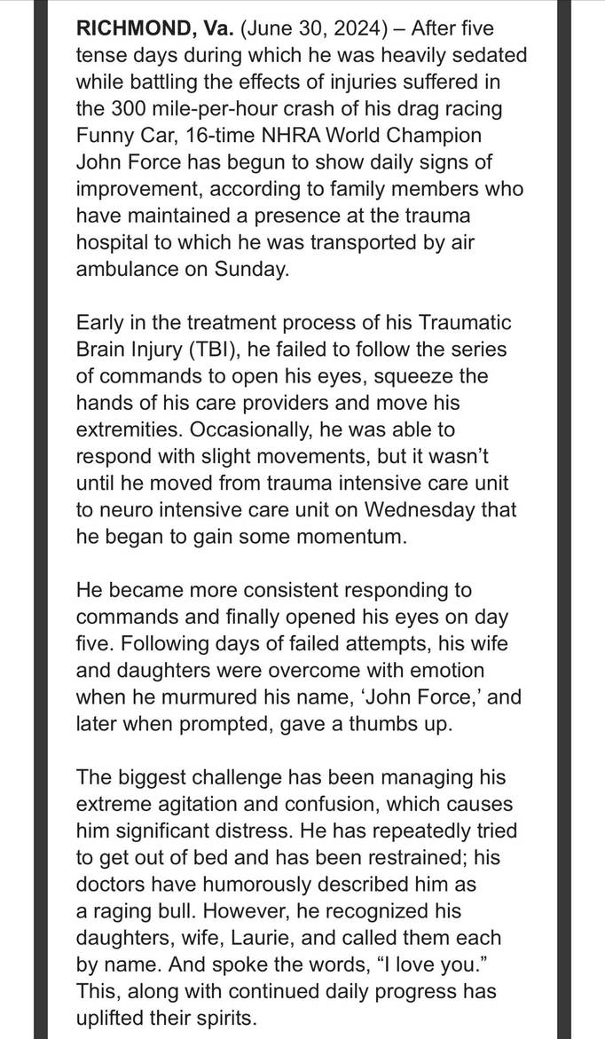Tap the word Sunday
tap(251, 270)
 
